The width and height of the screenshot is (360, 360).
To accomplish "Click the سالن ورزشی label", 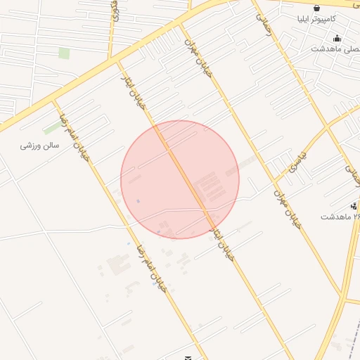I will [40, 146].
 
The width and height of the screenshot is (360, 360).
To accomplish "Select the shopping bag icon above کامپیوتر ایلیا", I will [318, 8].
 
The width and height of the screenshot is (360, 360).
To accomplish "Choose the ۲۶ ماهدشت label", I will [340, 217].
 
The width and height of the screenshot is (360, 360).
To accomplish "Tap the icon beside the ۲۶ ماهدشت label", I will [354, 206].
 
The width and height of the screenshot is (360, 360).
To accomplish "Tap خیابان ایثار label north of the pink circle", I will [136, 87].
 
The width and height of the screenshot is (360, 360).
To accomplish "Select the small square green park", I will [64, 53].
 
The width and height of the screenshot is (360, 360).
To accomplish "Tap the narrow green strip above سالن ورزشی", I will [52, 128].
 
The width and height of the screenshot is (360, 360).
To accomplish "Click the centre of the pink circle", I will [180, 179].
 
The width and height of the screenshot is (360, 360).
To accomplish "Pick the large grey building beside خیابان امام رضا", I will [117, 266].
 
